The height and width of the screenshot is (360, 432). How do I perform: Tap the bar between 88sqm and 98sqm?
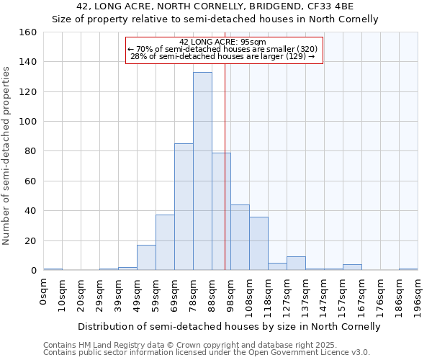click(221, 212)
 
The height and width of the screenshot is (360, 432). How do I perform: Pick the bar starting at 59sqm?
click(165, 243)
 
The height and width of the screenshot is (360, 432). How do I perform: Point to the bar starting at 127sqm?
click(296, 264)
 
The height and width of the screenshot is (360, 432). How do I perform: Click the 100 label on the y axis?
click(28, 122)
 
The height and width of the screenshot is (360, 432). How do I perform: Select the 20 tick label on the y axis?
click(31, 241)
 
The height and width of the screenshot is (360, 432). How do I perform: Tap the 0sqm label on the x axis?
click(44, 291)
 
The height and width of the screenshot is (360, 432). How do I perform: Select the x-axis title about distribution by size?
click(228, 326)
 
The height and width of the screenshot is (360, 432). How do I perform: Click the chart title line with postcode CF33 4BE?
click(215, 6)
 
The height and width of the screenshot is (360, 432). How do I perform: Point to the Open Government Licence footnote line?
click(207, 353)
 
